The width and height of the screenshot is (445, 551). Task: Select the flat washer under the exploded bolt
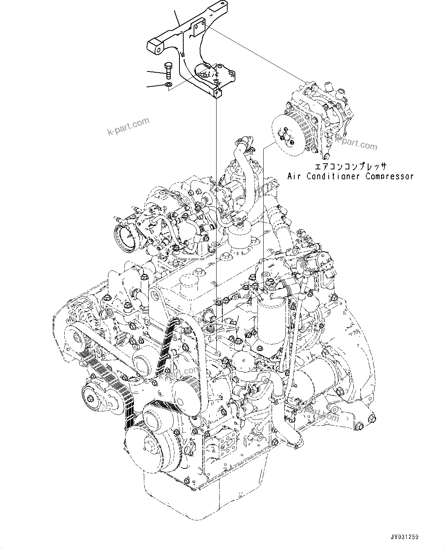coord(169,84)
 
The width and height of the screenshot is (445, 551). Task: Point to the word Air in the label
coord(295,176)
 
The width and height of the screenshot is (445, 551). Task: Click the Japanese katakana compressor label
coord(350,167)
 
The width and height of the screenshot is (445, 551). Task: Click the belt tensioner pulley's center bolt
coord(91,399)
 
